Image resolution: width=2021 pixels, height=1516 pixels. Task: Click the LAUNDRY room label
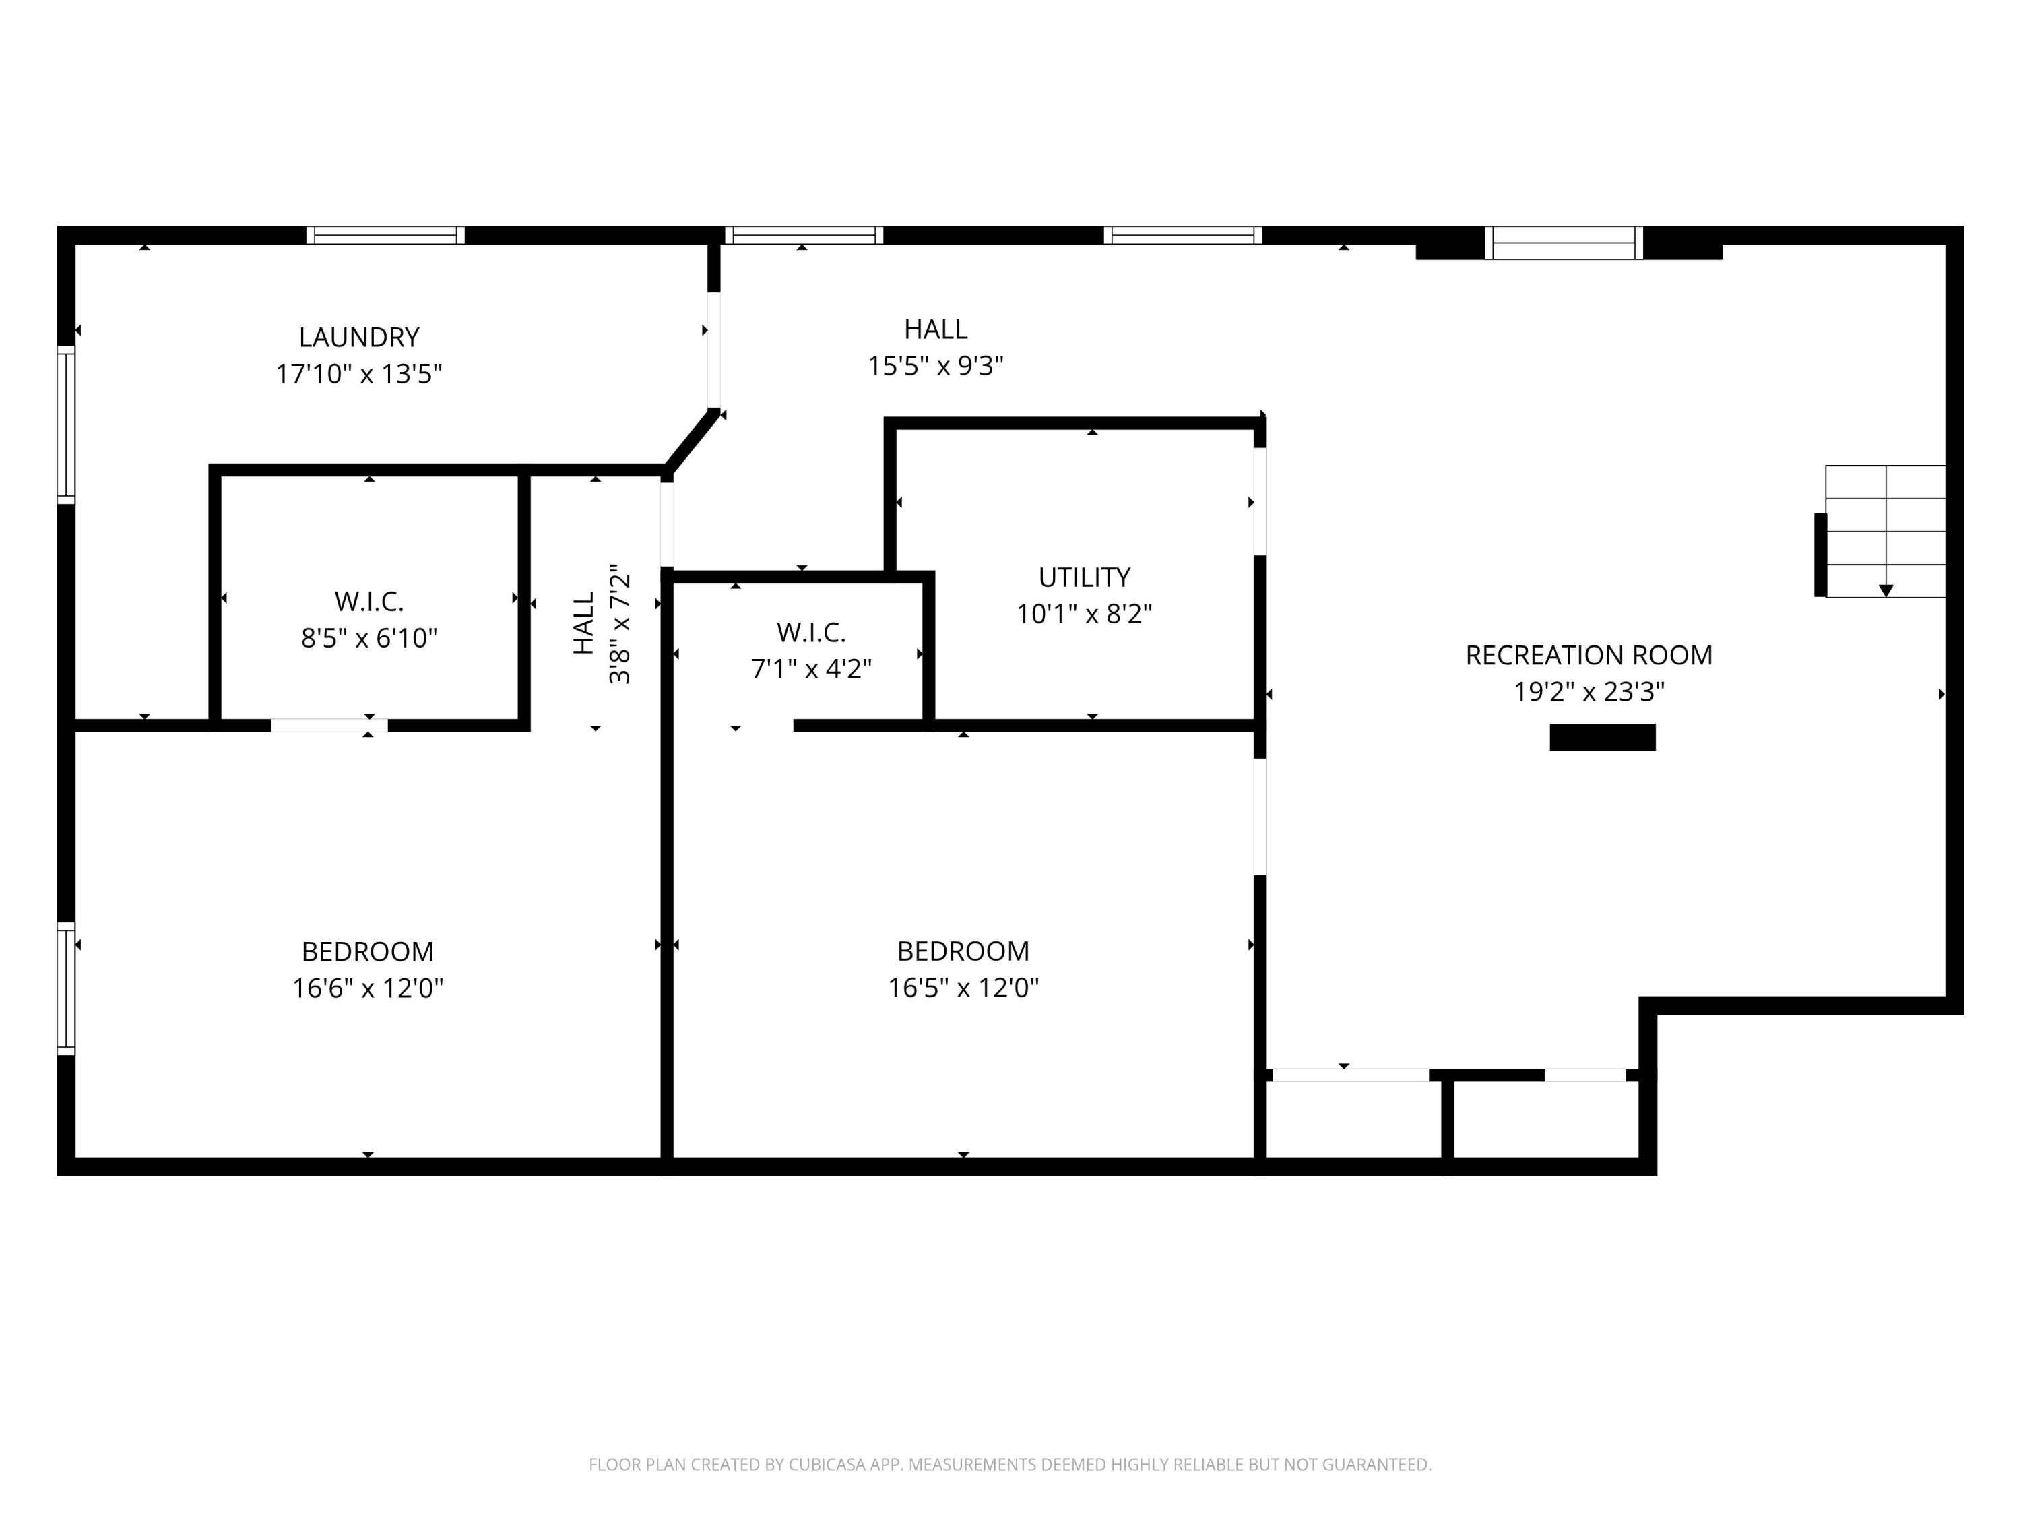coord(359,337)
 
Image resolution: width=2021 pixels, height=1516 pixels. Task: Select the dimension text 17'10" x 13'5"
coord(359,374)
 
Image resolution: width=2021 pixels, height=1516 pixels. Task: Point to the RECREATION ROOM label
coord(1588,654)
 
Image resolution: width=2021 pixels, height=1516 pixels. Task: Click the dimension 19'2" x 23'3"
coord(1588,692)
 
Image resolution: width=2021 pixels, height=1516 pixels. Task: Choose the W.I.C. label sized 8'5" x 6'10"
coord(369,601)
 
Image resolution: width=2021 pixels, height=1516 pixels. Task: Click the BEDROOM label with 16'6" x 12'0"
coord(367,951)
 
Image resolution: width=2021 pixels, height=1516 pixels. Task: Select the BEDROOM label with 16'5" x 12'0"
coord(962,951)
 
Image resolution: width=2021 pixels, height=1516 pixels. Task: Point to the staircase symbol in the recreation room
coord(1884,531)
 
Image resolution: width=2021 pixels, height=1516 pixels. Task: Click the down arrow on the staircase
coord(1885,591)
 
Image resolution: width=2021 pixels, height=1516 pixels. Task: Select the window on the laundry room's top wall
coord(385,235)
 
